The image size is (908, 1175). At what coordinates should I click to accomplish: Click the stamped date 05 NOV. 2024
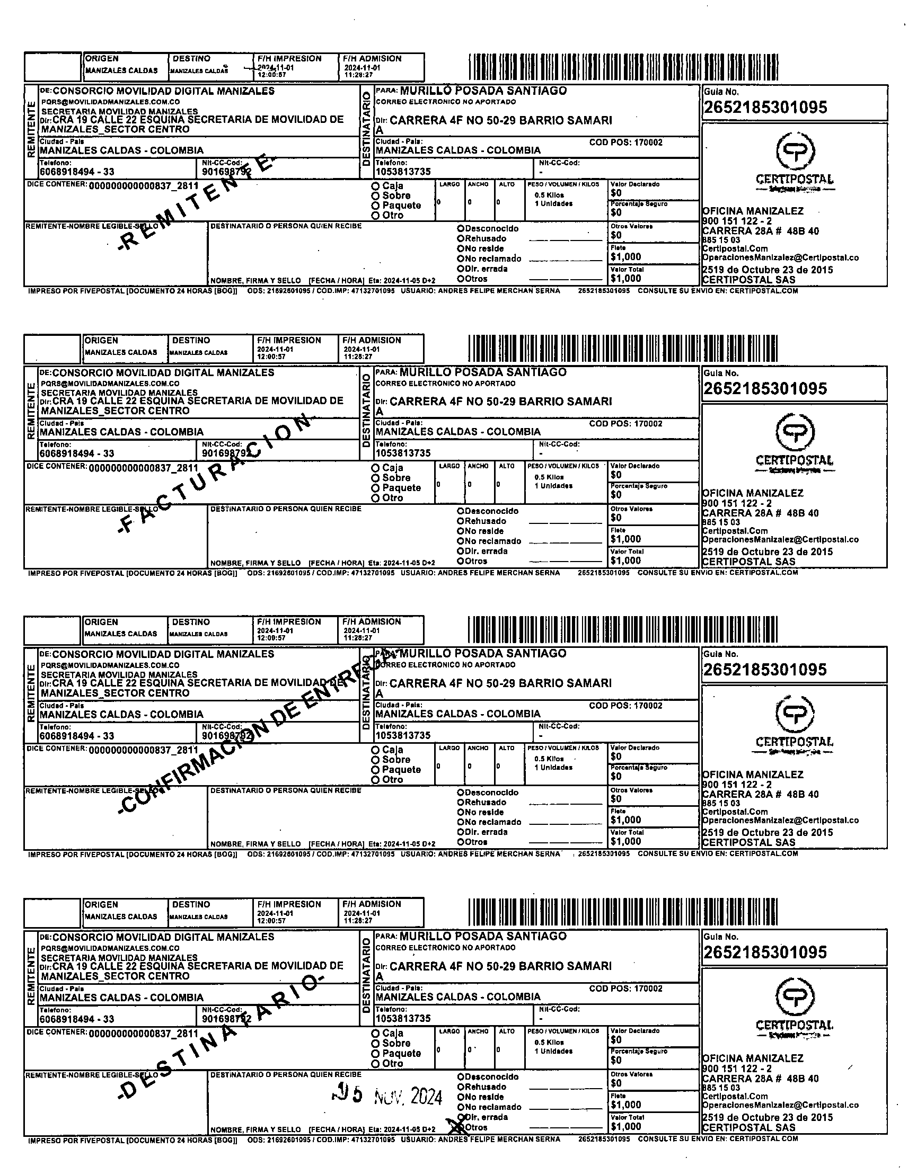click(387, 1096)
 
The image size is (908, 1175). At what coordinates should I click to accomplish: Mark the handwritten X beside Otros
click(460, 1125)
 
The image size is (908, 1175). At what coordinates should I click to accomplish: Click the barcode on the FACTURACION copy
click(623, 349)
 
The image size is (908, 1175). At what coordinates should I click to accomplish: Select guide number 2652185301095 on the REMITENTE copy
click(765, 108)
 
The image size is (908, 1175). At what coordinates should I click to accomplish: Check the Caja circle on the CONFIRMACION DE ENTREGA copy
click(375, 750)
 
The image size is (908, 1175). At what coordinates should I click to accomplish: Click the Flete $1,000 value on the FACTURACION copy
click(625, 539)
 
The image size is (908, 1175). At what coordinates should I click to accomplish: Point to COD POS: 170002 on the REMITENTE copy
click(625, 143)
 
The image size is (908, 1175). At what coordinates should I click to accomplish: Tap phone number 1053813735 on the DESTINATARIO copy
click(403, 1018)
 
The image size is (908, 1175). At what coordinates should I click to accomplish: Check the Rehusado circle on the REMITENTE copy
click(461, 238)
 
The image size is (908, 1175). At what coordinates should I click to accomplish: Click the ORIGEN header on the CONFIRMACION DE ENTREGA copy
click(101, 622)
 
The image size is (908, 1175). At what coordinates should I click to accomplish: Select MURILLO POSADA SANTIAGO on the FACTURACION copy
click(483, 372)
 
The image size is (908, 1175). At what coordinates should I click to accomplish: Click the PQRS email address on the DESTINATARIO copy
click(110, 948)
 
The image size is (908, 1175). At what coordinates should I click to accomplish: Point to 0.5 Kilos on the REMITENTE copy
click(549, 195)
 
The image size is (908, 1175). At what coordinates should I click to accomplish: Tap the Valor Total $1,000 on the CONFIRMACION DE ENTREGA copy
click(625, 841)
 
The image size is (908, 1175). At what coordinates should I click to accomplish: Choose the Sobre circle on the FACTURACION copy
click(375, 478)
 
